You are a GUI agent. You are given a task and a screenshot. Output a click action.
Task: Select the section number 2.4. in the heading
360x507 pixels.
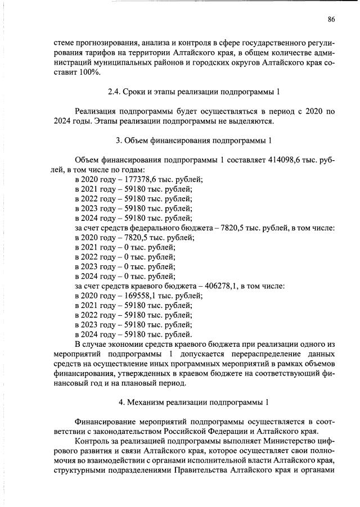point(116,92)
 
